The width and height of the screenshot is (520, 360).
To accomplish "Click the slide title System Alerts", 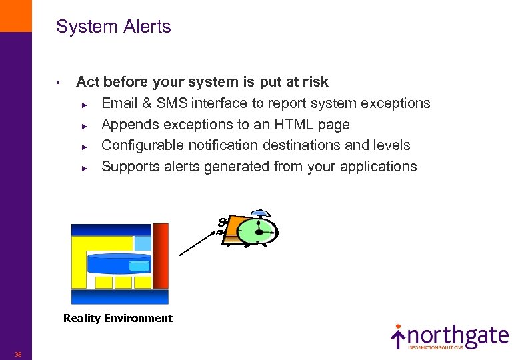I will (x=113, y=27).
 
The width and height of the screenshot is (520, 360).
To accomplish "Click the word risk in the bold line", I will (x=314, y=82).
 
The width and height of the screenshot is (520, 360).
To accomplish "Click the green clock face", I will (x=258, y=231).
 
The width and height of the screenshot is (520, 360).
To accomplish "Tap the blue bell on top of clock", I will (x=258, y=213).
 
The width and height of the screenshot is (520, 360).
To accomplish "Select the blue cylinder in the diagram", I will (x=119, y=264).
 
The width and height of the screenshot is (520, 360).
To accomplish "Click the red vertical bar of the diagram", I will (x=161, y=256).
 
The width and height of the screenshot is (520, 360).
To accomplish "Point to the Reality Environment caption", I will (x=117, y=319).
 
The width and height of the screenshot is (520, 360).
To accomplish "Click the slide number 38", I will (x=18, y=354).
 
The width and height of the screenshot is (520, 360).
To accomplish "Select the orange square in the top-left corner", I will (x=15, y=15).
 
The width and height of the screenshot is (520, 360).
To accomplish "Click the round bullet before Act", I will (x=59, y=83).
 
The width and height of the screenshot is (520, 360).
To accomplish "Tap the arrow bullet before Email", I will (x=84, y=104).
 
